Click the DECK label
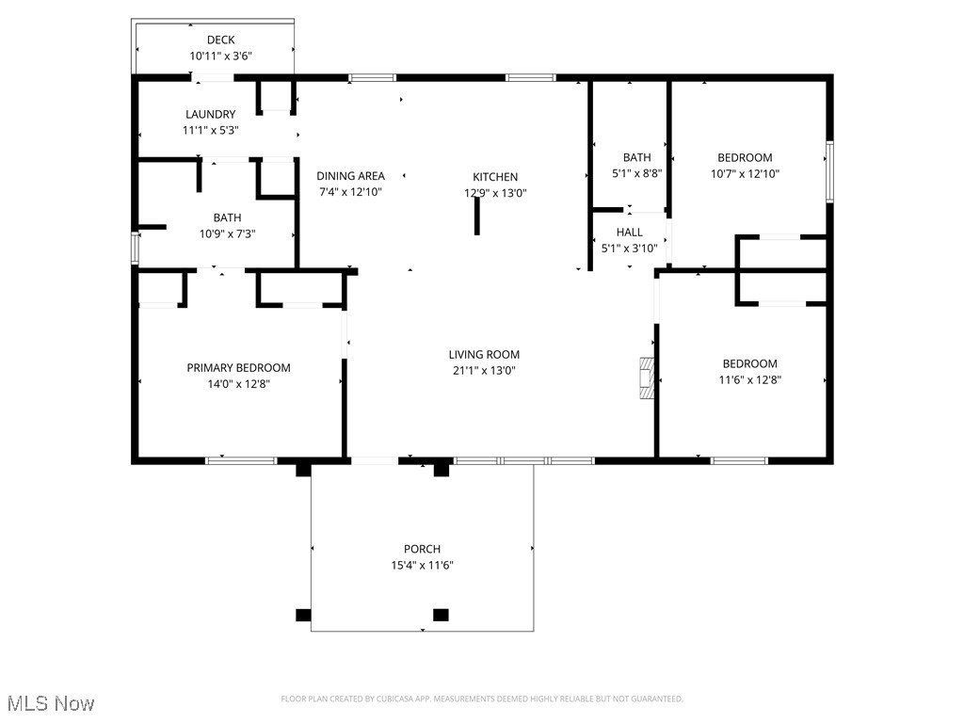tap(220, 40)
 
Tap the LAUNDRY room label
tap(210, 114)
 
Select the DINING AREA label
tap(350, 176)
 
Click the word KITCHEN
tap(495, 177)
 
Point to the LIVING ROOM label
tap(484, 355)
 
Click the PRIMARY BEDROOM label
tap(238, 368)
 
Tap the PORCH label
tap(422, 549)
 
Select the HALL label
tap(629, 233)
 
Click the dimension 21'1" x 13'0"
tap(484, 371)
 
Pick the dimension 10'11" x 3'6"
tap(220, 56)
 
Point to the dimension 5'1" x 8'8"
tap(636, 173)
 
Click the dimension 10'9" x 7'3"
tap(227, 233)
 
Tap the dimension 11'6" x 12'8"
tap(749, 380)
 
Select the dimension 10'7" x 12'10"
tap(745, 174)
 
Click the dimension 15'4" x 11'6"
tap(422, 565)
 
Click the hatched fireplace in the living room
tap(646, 378)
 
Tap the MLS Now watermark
tap(51, 703)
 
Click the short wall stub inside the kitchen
tap(476, 217)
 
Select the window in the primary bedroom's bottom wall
tap(241, 460)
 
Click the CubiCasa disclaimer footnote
tap(482, 699)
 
